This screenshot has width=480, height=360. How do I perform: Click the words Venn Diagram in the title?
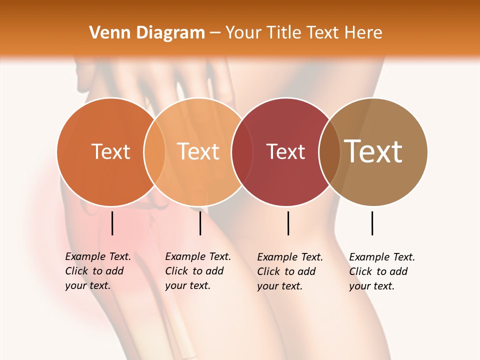pyautogui.click(x=147, y=33)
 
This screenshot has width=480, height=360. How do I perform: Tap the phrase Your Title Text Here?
pyautogui.click(x=303, y=33)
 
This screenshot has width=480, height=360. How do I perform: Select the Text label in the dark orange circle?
pyautogui.click(x=110, y=151)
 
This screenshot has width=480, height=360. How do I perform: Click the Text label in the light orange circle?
pyautogui.click(x=198, y=151)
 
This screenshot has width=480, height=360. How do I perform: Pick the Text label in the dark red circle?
pyautogui.click(x=285, y=151)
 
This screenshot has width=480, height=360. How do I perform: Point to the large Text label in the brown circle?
pyautogui.click(x=373, y=151)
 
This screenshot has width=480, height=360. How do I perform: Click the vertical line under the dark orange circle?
pyautogui.click(x=112, y=223)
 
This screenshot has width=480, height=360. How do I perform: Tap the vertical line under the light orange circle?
pyautogui.click(x=200, y=223)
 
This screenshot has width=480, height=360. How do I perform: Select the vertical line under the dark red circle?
pyautogui.click(x=288, y=223)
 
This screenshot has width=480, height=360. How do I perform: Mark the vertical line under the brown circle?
pyautogui.click(x=372, y=223)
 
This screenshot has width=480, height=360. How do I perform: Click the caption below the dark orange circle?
pyautogui.click(x=98, y=271)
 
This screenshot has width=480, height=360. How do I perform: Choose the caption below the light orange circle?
pyautogui.click(x=198, y=271)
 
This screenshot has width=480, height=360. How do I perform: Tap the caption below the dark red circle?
pyautogui.click(x=290, y=271)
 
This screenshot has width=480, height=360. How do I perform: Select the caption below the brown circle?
pyautogui.click(x=382, y=271)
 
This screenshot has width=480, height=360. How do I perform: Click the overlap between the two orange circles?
pyautogui.click(x=154, y=151)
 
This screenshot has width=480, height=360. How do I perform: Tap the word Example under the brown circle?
pyautogui.click(x=370, y=257)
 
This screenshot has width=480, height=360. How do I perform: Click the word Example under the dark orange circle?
pyautogui.click(x=86, y=256)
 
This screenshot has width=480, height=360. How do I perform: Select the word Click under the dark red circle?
pyautogui.click(x=268, y=271)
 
